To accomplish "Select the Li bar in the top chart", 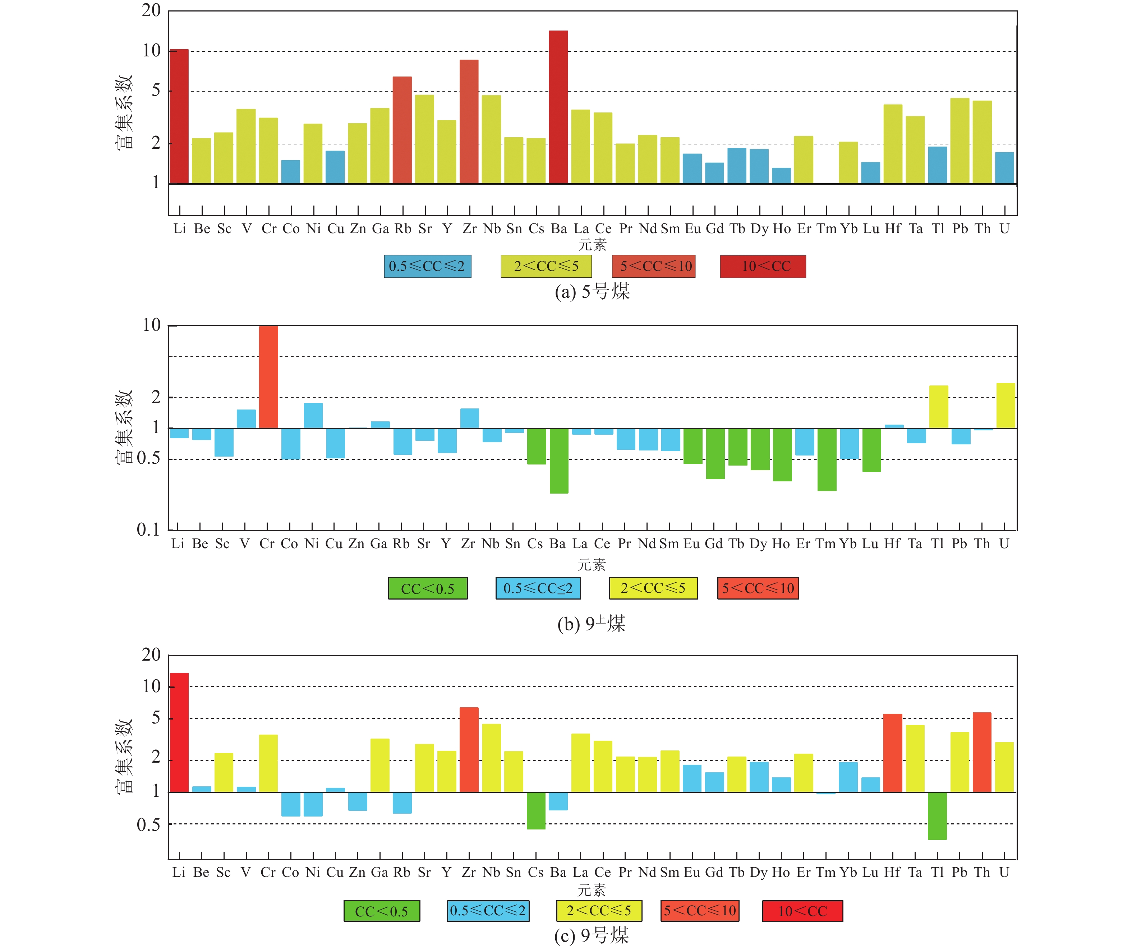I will coord(179,116).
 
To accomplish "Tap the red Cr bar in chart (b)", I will coord(268,377).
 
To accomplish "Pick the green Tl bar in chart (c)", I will coord(937,815).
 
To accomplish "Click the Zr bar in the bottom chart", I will coord(469,749).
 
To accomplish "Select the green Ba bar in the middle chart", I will coord(559,461).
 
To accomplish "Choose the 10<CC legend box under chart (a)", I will coord(763,266).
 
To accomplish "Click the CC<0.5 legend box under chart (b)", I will coord(428,588).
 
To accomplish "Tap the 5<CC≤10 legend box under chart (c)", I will coord(700,911).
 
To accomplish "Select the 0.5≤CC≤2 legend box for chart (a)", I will coord(428,266).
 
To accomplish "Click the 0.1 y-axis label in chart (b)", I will coord(148,530).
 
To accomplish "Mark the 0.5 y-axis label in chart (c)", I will coord(148,824).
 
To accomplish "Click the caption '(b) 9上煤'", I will coord(592,624).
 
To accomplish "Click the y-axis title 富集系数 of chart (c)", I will coord(124,756).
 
